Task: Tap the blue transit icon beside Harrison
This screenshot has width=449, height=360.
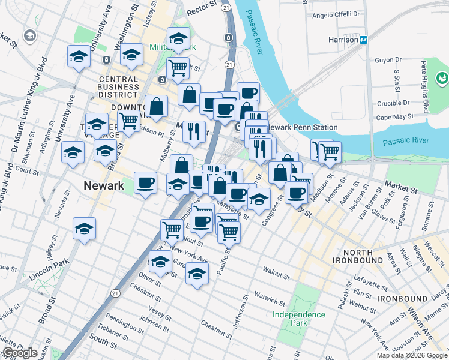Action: tap(364, 40)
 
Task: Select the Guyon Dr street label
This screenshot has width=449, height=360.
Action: tap(388, 60)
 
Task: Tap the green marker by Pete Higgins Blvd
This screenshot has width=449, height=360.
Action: tap(442, 77)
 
